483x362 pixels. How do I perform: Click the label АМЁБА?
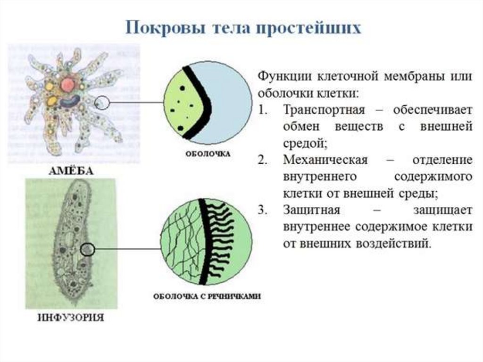pos(72,171)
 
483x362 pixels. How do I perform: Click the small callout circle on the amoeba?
pos(102,102)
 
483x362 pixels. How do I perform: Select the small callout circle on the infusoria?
pos(88,250)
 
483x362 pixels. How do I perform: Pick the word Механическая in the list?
pos(325,160)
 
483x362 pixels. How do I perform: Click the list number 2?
pos(262,160)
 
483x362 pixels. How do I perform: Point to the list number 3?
pos(262,210)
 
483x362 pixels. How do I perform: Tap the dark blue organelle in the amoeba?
pos(71,101)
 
